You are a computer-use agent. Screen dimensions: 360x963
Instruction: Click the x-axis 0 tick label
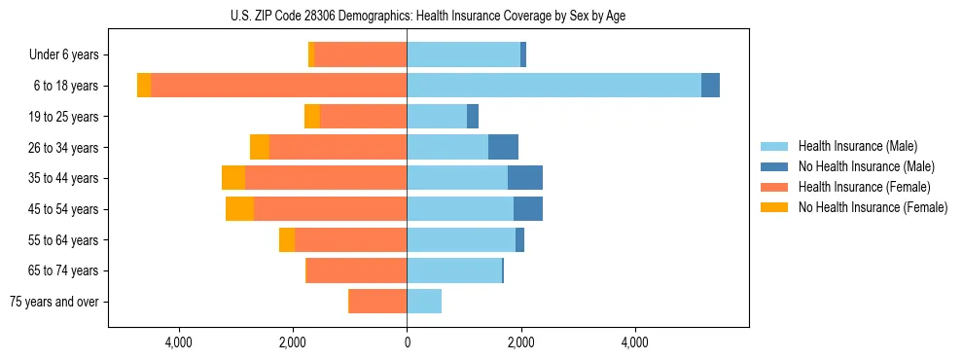click(407, 342)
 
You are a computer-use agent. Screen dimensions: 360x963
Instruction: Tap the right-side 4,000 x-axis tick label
click(634, 342)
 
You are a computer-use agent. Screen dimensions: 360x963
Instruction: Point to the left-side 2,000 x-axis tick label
click(293, 342)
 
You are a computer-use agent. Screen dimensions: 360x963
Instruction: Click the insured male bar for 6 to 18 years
click(553, 86)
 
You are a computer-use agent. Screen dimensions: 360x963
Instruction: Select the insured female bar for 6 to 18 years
click(278, 86)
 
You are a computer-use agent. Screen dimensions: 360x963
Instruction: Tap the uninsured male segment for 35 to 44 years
click(525, 178)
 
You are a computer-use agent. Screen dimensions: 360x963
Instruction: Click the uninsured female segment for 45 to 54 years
click(239, 209)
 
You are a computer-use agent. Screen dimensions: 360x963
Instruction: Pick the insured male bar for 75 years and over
click(424, 302)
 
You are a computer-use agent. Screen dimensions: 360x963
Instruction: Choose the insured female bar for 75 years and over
click(377, 302)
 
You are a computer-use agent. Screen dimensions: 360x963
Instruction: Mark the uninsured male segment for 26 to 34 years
click(503, 147)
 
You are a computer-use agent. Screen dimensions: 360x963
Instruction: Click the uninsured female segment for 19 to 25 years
click(312, 117)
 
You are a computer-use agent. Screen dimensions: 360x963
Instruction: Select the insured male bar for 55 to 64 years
click(461, 239)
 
